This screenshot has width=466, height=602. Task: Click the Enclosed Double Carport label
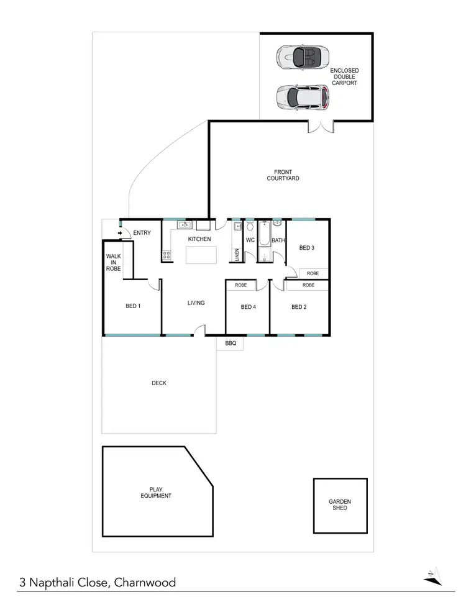click(x=344, y=77)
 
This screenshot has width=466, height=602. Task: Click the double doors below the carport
click(x=321, y=127)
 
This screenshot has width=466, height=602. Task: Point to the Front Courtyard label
click(x=283, y=175)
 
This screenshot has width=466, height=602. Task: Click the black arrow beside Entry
click(x=119, y=234)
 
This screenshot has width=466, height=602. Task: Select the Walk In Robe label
click(x=113, y=262)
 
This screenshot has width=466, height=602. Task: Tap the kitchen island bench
click(x=203, y=255)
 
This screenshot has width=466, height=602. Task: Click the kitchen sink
click(x=184, y=225)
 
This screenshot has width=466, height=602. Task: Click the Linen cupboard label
click(x=237, y=255)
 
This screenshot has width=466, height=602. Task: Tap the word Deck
click(x=159, y=383)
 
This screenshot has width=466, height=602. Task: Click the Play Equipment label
click(x=155, y=493)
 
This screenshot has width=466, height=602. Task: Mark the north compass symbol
click(x=432, y=576)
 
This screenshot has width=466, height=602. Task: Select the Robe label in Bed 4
click(x=241, y=285)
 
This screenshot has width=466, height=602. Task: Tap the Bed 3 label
click(x=307, y=248)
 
